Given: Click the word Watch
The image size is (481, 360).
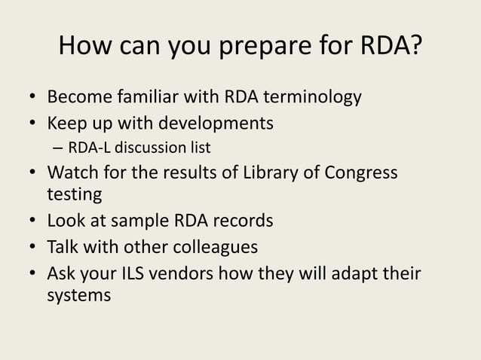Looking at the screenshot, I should (x=73, y=172).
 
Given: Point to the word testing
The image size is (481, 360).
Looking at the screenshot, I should (x=74, y=194).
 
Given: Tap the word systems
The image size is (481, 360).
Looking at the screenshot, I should (x=79, y=294).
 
